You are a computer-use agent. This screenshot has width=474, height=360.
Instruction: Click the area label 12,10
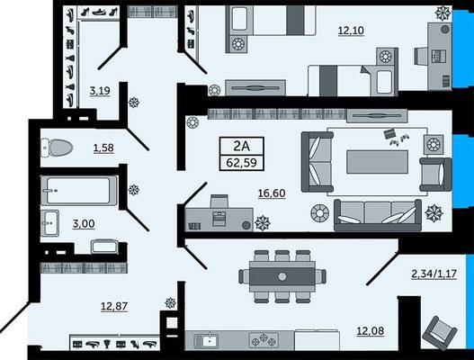351,31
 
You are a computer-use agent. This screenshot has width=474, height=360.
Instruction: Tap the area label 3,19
100,91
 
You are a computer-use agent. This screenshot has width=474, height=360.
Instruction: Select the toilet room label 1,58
103,148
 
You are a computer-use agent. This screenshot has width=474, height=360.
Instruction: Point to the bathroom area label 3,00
84,224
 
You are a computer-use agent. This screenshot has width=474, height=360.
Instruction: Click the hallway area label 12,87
114,306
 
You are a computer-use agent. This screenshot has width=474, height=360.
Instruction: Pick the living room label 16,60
272,193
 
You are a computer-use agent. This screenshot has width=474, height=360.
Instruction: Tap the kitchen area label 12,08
371,331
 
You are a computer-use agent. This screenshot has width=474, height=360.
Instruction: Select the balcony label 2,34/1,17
434,274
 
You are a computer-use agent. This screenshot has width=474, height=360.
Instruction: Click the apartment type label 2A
242,146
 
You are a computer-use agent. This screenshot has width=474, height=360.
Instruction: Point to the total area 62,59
242,163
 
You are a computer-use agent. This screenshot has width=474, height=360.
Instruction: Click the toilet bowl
57,148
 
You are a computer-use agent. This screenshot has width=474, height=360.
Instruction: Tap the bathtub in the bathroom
78,191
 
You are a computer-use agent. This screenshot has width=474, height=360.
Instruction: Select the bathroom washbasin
49,222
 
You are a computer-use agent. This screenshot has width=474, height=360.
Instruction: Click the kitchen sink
205,341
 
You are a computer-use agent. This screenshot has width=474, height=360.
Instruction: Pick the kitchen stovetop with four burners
264,339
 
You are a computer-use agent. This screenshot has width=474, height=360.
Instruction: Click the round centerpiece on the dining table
282,276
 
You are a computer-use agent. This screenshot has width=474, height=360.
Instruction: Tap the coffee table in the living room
377,162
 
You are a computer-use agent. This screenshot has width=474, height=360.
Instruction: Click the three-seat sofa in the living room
378,215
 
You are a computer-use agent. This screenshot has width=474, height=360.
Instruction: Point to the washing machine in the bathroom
104,247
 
